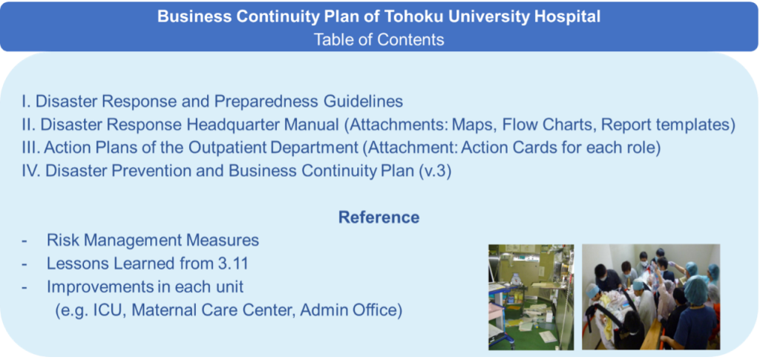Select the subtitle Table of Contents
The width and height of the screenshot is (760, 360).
(x=379, y=39)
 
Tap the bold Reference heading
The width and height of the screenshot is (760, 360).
(x=379, y=217)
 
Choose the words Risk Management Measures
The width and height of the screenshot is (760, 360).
(x=153, y=240)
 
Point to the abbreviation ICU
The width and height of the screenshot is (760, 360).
(x=110, y=310)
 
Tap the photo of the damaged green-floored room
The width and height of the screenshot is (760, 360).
(x=531, y=297)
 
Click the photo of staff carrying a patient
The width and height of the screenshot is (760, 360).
(x=651, y=297)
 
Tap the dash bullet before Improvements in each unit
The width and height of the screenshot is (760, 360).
(x=24, y=287)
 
